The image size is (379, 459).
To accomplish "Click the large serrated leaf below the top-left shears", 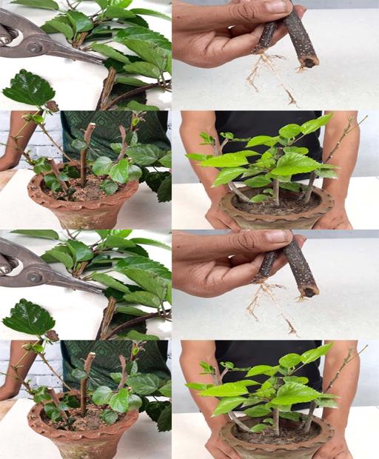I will pos(28,89).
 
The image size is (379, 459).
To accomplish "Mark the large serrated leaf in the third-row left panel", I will pos(28,318).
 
